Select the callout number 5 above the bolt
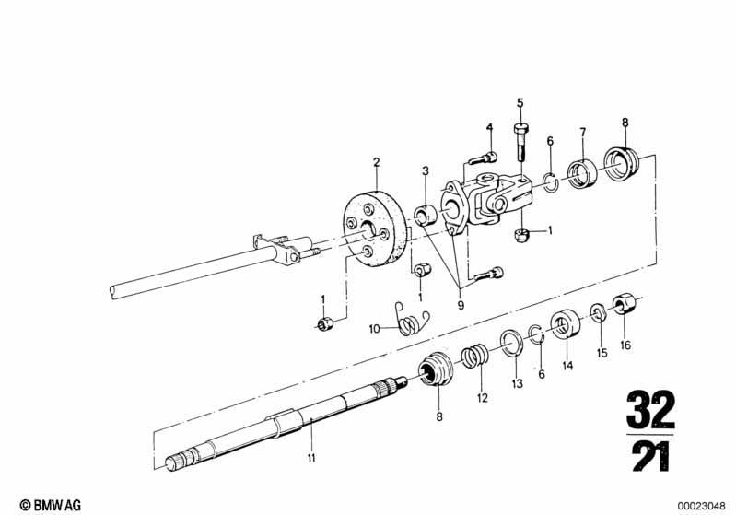(x=520, y=103)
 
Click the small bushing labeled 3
(x=426, y=215)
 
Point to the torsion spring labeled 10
(x=411, y=319)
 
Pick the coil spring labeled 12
(x=474, y=357)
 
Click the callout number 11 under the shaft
(x=311, y=458)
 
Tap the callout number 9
(x=461, y=305)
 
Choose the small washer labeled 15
(x=598, y=312)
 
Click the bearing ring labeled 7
(x=582, y=174)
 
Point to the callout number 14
(x=567, y=365)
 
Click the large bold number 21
(x=651, y=456)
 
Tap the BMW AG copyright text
(x=51, y=505)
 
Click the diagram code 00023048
(x=701, y=506)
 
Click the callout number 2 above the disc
(x=377, y=162)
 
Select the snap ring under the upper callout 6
(x=550, y=182)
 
